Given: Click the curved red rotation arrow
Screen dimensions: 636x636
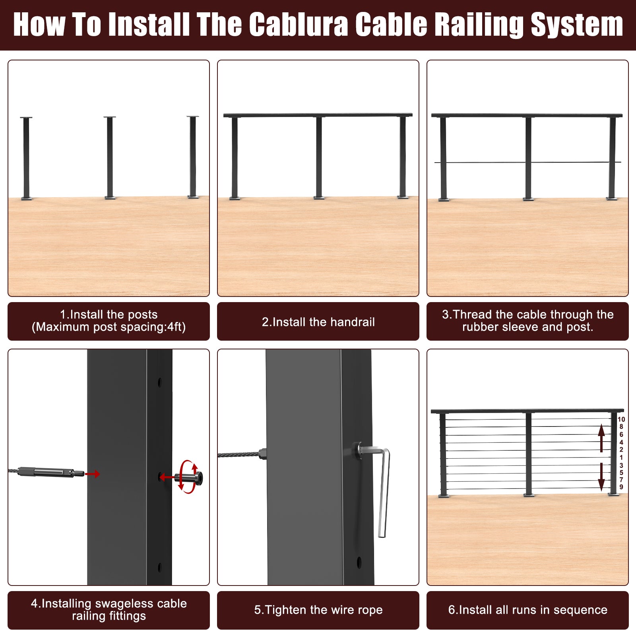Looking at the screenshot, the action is click(x=188, y=477).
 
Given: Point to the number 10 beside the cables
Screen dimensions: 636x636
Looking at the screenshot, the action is click(x=621, y=419).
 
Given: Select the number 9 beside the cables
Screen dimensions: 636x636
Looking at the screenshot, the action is click(x=621, y=487).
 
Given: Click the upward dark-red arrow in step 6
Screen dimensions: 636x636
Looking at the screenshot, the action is click(x=601, y=438).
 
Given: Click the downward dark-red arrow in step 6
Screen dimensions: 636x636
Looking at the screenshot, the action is click(x=601, y=477).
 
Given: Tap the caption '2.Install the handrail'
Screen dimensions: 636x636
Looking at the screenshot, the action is click(x=318, y=322).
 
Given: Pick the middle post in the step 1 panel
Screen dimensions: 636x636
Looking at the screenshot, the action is click(x=110, y=157).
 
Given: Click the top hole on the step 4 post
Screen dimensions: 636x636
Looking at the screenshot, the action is click(x=160, y=382).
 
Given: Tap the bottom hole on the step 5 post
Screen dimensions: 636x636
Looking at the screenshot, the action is click(x=359, y=562).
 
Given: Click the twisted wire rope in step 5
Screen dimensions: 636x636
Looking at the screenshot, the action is click(x=239, y=454).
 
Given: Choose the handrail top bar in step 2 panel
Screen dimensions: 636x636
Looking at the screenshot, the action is click(x=318, y=115).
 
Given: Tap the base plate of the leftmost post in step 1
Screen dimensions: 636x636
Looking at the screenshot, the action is click(x=27, y=198).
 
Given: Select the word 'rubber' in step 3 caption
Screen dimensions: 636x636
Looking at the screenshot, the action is click(x=481, y=327).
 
